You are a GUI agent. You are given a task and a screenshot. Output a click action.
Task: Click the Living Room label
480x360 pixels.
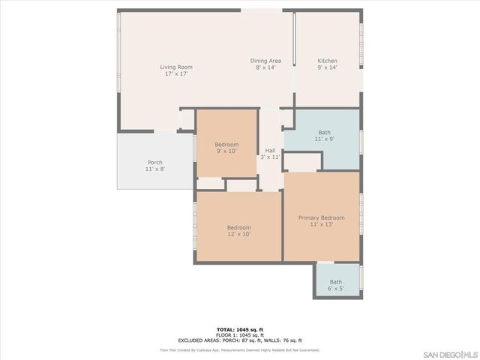[x=176, y=67]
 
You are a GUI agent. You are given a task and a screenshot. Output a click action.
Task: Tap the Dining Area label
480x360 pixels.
[x=265, y=61]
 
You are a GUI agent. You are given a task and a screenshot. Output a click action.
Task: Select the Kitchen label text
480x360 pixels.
[x=327, y=61]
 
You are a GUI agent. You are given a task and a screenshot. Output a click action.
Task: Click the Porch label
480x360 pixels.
[x=155, y=163]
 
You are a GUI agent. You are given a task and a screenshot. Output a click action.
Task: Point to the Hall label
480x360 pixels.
[x=270, y=151]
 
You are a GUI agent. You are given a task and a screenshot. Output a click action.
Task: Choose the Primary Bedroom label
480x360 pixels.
[x=321, y=218]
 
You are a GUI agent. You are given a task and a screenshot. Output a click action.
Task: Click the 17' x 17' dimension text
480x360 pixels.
[x=176, y=74]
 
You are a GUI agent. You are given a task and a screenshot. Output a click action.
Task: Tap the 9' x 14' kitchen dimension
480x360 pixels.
[x=327, y=67]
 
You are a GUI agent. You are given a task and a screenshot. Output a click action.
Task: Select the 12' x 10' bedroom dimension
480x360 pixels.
[x=239, y=234]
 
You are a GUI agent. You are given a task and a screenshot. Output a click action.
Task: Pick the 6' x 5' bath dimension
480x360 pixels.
[x=336, y=289]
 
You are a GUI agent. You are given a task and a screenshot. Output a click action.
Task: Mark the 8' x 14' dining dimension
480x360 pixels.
[x=265, y=67]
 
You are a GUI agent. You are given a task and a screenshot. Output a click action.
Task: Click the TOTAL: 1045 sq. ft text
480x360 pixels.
[x=240, y=330]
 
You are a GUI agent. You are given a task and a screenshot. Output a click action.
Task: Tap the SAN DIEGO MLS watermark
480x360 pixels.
[x=450, y=352]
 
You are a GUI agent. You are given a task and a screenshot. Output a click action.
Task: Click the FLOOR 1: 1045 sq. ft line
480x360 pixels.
[x=240, y=335]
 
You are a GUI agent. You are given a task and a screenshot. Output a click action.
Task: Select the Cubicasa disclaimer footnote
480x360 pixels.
[x=240, y=349]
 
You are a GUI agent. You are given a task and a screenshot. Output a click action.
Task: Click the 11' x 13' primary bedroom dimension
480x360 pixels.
[x=321, y=225]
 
